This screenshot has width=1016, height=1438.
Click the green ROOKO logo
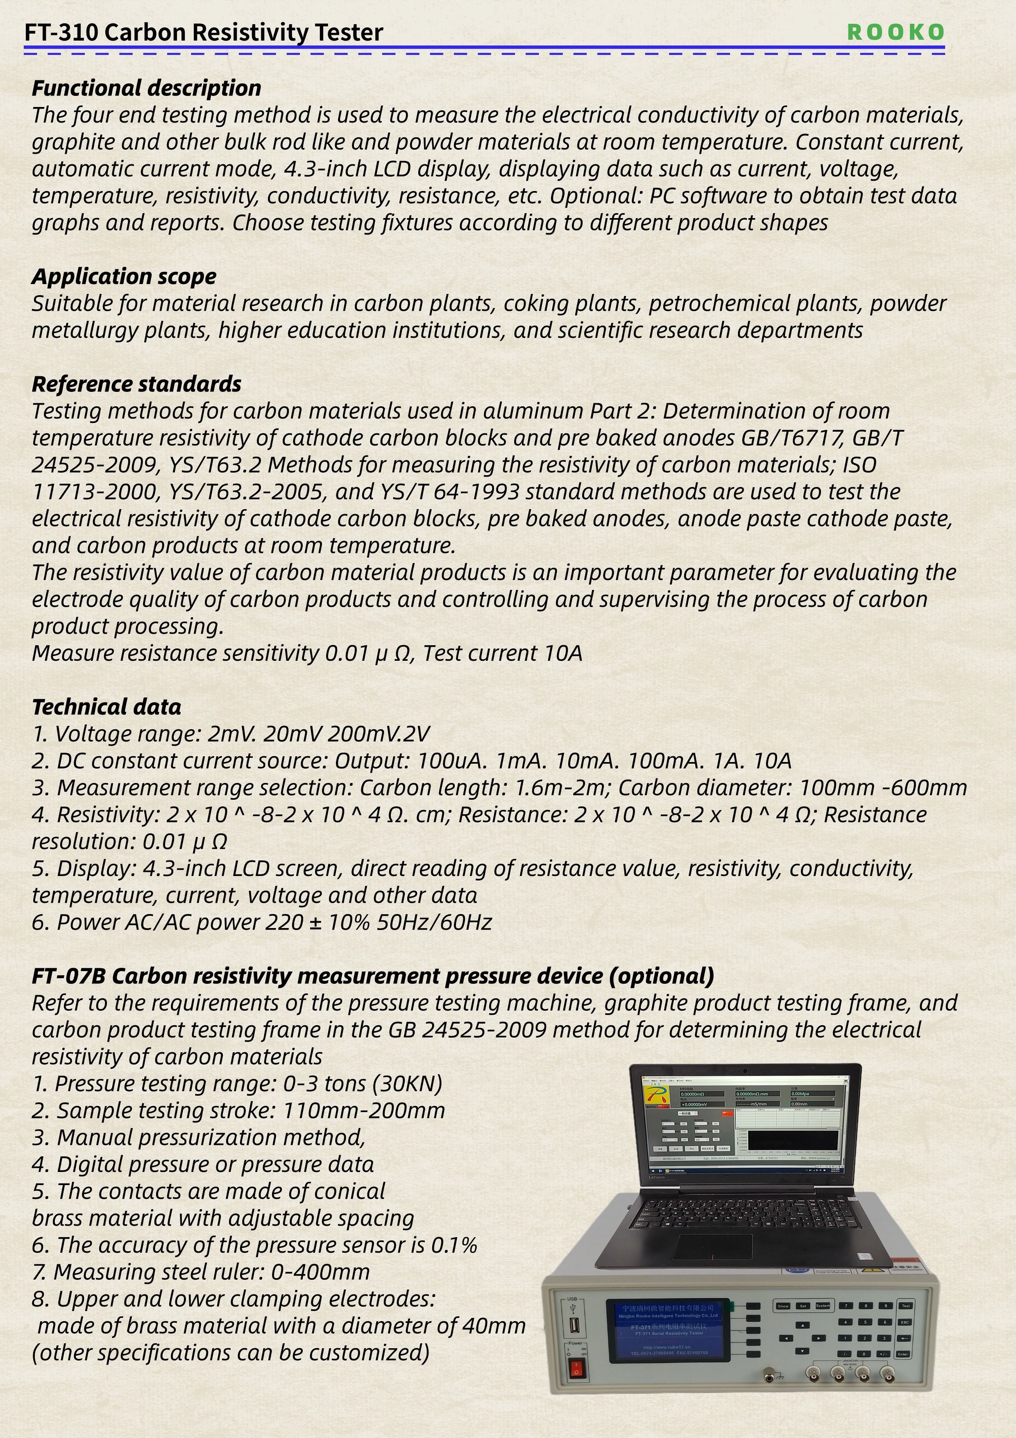895,32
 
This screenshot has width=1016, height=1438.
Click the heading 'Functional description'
147,88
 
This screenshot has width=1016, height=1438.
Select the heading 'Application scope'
124,276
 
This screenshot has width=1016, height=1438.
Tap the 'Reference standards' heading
136,384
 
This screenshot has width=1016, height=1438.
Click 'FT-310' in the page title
61,32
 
